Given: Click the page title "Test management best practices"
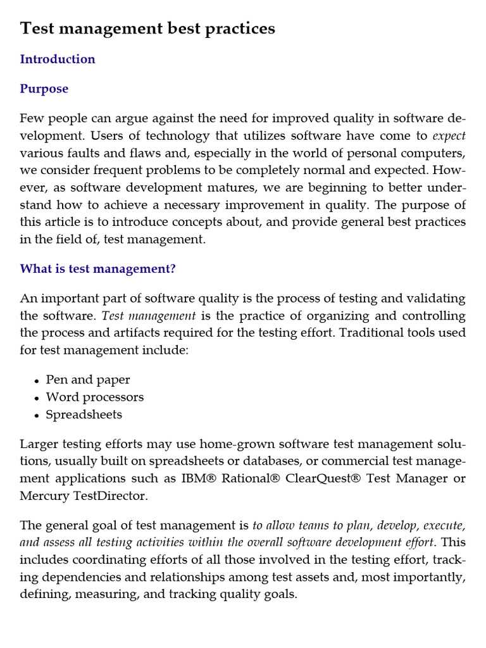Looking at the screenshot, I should [147, 28].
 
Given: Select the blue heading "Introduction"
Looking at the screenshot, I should [58, 59].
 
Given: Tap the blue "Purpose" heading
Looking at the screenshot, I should [44, 89].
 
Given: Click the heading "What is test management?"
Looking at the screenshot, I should [97, 269].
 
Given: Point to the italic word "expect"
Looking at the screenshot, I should [449, 136].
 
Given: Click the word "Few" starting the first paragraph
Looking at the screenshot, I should [32, 118].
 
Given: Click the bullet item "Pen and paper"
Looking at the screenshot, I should [88, 380].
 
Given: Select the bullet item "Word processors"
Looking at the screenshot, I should [95, 397].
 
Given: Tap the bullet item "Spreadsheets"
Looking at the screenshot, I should [84, 415].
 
